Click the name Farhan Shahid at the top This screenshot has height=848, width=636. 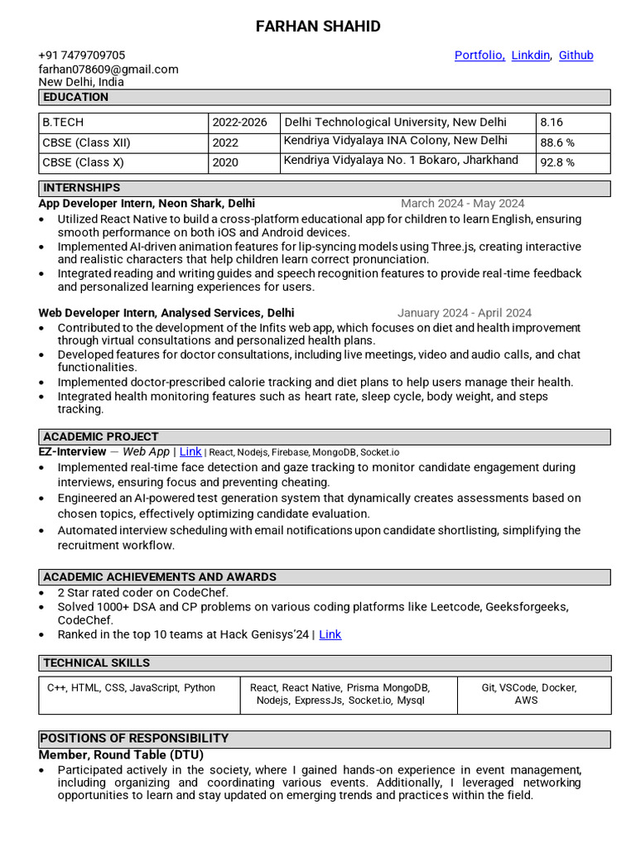click(318, 26)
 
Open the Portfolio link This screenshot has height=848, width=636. click(479, 55)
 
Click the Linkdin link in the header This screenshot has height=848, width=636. click(531, 55)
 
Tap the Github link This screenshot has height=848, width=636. click(576, 55)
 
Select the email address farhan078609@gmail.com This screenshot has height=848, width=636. click(108, 69)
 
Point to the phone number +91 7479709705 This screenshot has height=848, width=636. click(82, 55)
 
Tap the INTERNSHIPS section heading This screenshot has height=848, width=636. click(82, 188)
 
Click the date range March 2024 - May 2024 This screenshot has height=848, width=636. click(462, 203)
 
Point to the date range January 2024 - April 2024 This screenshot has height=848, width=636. click(464, 313)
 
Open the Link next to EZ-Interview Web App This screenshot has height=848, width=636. click(190, 452)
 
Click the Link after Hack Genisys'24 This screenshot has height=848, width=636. click(330, 634)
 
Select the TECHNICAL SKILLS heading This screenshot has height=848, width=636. click(97, 663)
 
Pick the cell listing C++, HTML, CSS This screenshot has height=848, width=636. click(131, 688)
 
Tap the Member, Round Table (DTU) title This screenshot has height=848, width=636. click(121, 755)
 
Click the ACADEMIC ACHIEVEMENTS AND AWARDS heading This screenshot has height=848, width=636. click(160, 577)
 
